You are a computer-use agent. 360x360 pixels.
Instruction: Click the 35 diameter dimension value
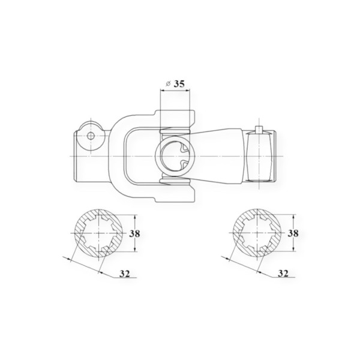(x=179, y=84)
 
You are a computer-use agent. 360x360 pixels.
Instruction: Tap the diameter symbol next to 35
(x=168, y=84)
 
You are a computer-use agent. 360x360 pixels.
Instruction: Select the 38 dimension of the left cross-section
(x=134, y=234)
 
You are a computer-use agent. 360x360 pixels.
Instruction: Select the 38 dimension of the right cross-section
(x=293, y=233)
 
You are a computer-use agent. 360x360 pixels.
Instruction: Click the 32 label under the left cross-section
(x=125, y=274)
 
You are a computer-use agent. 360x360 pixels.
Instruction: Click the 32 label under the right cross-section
(x=283, y=273)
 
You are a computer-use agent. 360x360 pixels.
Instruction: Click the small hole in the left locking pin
(x=91, y=136)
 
